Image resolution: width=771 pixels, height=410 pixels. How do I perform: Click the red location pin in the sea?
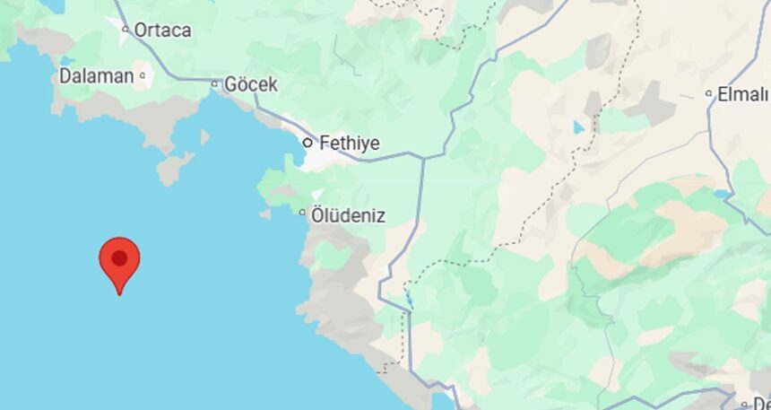(119, 261)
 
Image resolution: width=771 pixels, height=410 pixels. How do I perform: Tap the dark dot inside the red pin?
(119, 258)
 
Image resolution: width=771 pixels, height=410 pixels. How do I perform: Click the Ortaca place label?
(162, 30)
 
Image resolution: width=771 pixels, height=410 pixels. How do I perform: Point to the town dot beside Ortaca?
(126, 30)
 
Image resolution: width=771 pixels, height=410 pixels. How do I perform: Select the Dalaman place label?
(96, 76)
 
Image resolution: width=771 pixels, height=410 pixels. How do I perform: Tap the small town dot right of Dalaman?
(143, 77)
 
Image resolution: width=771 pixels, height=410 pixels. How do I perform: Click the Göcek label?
(250, 84)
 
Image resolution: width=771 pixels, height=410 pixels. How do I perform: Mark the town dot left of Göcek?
(214, 84)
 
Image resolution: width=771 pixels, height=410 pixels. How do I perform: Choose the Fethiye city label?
(349, 143)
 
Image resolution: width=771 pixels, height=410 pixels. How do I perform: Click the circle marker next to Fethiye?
(308, 142)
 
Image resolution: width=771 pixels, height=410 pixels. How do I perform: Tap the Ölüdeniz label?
(348, 214)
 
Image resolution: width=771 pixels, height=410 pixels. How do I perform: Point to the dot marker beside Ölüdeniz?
(302, 213)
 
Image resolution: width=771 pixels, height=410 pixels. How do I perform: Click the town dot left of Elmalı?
(708, 93)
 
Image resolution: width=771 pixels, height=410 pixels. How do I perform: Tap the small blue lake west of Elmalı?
(579, 127)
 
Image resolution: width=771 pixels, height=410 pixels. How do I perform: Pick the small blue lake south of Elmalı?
(723, 193)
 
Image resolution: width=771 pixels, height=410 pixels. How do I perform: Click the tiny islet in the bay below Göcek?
(204, 136)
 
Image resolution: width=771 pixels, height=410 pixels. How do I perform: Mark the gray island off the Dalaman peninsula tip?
(174, 168)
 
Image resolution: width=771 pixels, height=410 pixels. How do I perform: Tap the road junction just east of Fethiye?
(423, 157)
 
